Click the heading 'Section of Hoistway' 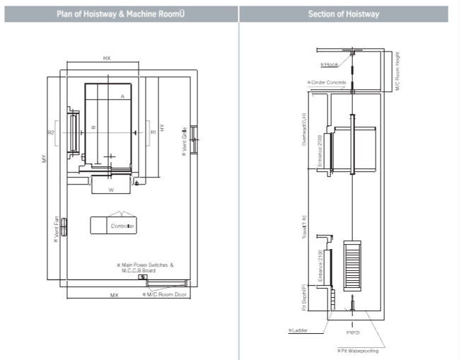pyautogui.click(x=343, y=14)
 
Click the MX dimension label pyautogui.click(x=113, y=294)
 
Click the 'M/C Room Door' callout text pyautogui.click(x=167, y=294)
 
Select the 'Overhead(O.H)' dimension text pyautogui.click(x=304, y=129)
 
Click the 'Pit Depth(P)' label pyautogui.click(x=304, y=297)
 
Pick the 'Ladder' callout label pyautogui.click(x=299, y=330)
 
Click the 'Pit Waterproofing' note pyautogui.click(x=359, y=350)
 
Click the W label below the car pyautogui.click(x=111, y=190)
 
